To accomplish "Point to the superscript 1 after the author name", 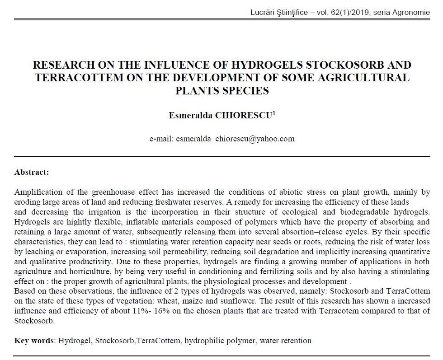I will coord(274,113).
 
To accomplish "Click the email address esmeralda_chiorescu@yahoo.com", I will coord(235,139).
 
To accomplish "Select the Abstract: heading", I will coord(32,172).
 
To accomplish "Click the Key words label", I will coord(34,341).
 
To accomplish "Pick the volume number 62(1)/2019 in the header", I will coord(349,12).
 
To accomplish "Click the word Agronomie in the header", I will coord(411,12).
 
